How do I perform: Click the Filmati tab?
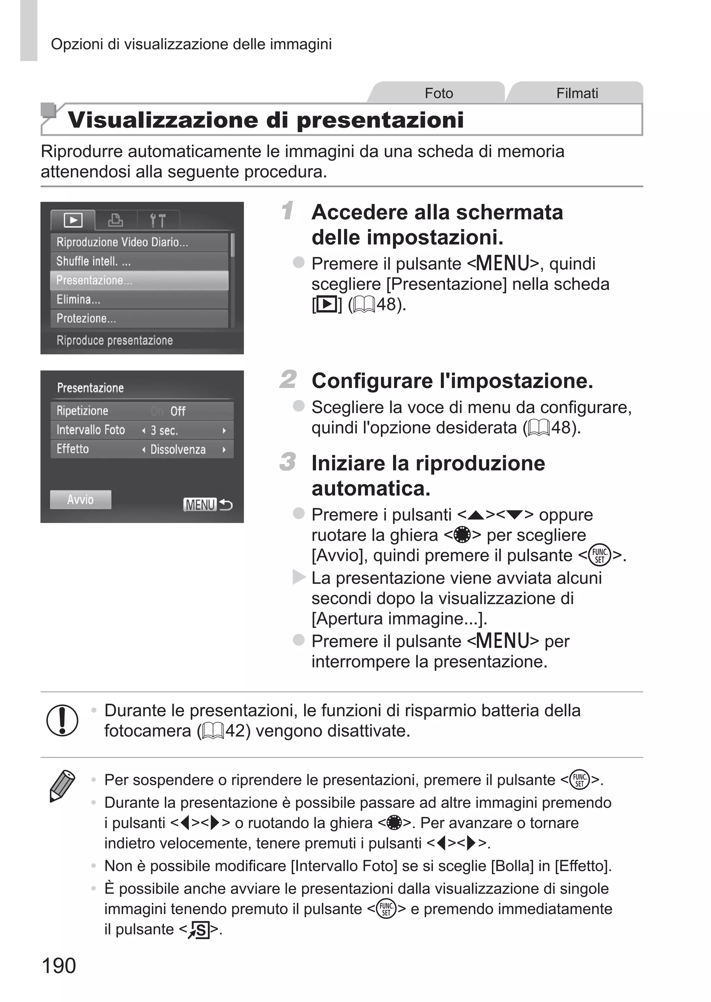point(577,93)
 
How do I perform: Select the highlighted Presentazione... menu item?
point(139,280)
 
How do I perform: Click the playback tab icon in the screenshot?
point(73,220)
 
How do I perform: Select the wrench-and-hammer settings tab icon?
point(158,220)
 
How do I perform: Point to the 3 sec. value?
point(164,431)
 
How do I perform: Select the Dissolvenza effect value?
point(178,449)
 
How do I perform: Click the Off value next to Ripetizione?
point(178,411)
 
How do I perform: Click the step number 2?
point(288,379)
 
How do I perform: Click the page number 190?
point(59,965)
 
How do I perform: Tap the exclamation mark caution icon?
point(62,720)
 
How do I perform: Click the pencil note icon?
point(62,786)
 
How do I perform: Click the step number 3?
point(288,462)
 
